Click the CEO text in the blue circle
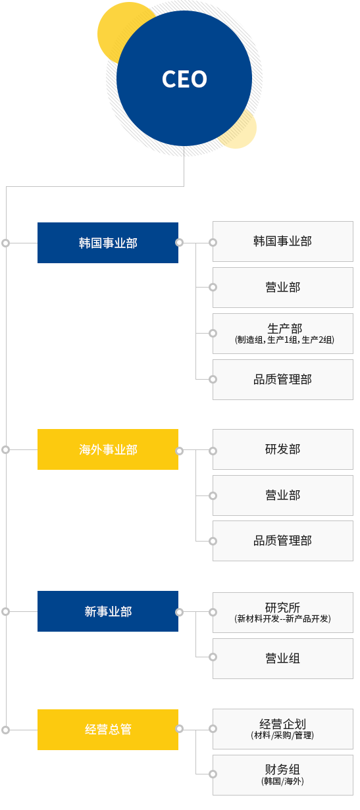[184, 79]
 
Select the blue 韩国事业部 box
[108, 243]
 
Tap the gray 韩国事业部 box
[283, 241]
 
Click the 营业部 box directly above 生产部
[283, 288]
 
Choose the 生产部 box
[283, 334]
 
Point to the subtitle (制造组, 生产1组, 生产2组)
[284, 340]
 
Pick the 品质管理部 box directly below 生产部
[283, 380]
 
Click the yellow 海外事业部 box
[108, 449]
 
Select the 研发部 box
[283, 449]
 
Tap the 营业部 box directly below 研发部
[283, 495]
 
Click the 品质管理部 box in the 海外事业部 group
[283, 541]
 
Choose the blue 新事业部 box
[108, 611]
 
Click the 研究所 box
[283, 613]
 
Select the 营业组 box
[283, 659]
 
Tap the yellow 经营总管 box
[108, 729]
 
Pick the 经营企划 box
[283, 729]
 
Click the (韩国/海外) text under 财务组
[282, 781]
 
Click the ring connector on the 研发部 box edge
[213, 451]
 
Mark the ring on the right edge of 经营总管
[179, 728]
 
